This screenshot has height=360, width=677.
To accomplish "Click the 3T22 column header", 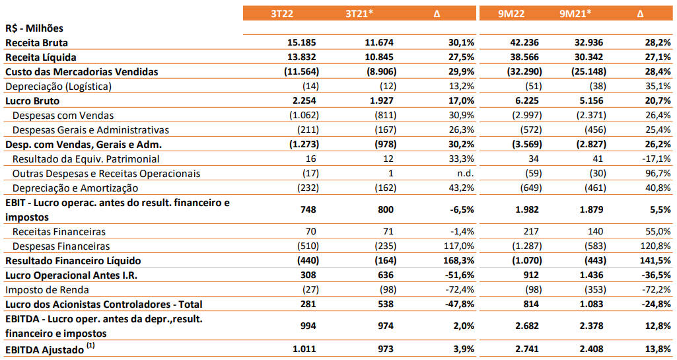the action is [282, 13].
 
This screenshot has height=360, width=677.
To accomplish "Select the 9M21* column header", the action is [575, 13].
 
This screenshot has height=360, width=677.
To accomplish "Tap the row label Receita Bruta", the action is [37, 43].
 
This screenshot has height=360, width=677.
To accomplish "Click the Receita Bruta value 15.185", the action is [301, 42].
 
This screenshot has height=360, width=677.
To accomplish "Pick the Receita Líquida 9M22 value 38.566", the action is [524, 57].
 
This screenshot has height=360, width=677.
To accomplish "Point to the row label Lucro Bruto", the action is [32, 101].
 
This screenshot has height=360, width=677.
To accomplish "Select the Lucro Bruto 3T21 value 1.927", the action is [382, 100].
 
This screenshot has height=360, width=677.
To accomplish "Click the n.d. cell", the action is [466, 174].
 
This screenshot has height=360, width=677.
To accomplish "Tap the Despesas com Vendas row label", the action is [63, 116].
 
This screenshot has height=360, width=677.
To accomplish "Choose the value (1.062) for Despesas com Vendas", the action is [304, 115].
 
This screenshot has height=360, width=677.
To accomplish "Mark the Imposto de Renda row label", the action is [47, 290].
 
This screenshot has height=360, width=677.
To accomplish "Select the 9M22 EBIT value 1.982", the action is [527, 210].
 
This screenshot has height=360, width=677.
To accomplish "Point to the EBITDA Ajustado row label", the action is [44, 349].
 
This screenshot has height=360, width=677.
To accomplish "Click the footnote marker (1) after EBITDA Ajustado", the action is [90, 345].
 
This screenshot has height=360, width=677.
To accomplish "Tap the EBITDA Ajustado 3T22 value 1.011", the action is [304, 349].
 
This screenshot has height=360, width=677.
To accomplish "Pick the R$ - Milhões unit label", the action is [34, 28].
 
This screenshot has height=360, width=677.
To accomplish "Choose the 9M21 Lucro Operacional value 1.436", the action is [591, 275].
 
